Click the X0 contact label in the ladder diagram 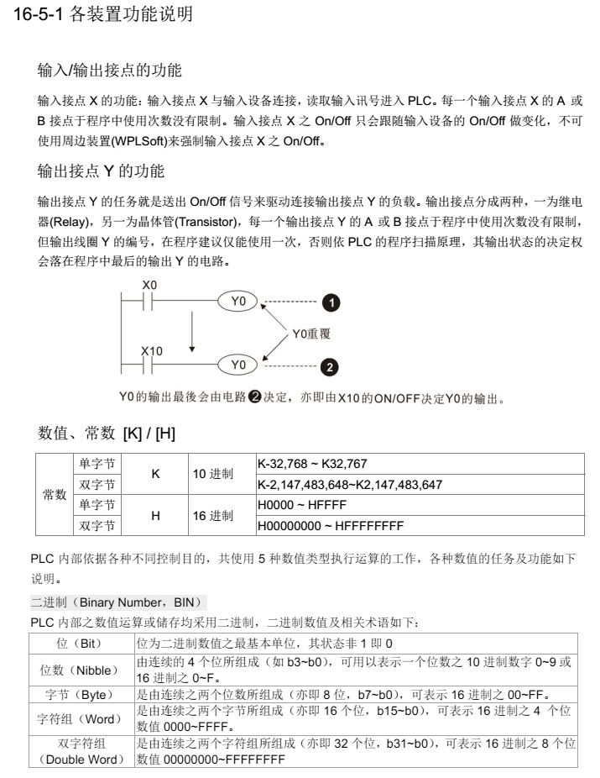[149, 286]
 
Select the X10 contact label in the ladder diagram [151, 350]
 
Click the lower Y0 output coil [239, 365]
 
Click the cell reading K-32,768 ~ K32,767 [312, 464]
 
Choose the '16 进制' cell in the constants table [212, 516]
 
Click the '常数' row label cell [55, 495]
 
